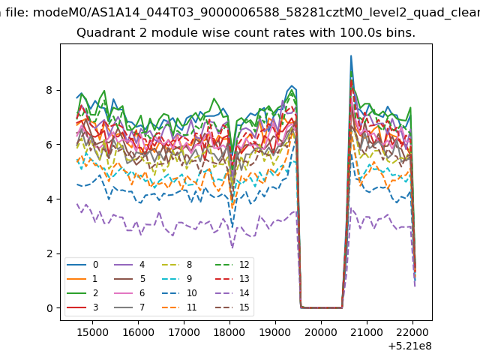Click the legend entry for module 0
click(82, 265)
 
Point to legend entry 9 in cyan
click(177, 278)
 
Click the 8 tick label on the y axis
click(49, 90)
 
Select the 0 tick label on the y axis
click(49, 308)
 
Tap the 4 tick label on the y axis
click(49, 199)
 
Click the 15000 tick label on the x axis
click(92, 332)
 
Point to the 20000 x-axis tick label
click(321, 332)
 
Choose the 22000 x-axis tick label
click(412, 332)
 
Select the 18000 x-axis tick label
click(229, 332)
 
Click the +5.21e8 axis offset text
click(410, 346)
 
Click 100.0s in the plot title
click(361, 32)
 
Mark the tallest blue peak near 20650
click(351, 56)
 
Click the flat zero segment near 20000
click(322, 307)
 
